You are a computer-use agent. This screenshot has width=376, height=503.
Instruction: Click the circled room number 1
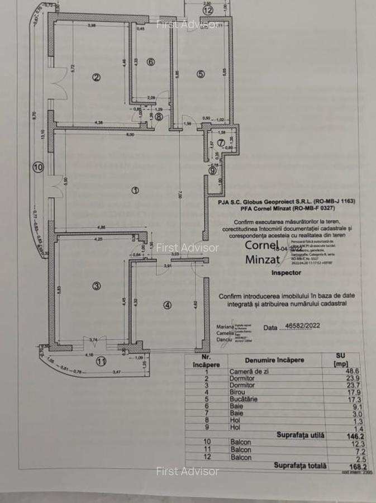coord(135,191)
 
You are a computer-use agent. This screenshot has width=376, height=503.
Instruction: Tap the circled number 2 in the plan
coord(96,77)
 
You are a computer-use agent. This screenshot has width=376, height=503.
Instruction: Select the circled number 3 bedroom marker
coord(96,286)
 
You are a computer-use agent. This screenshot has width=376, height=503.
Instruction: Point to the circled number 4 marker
coord(168,305)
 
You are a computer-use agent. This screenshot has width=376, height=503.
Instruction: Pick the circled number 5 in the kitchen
coord(201,74)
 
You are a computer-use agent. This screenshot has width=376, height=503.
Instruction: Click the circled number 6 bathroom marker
coord(150,61)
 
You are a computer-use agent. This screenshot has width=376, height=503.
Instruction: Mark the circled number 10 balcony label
coord(38,166)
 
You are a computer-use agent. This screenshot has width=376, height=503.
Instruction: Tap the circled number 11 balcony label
coord(101,361)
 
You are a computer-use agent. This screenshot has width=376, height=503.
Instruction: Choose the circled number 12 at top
coord(208,10)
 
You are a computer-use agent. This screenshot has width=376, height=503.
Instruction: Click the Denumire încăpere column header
coord(274,360)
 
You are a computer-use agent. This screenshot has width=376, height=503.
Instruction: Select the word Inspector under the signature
coord(286,273)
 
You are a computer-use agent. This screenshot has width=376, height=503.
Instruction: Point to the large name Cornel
coord(261,245)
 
